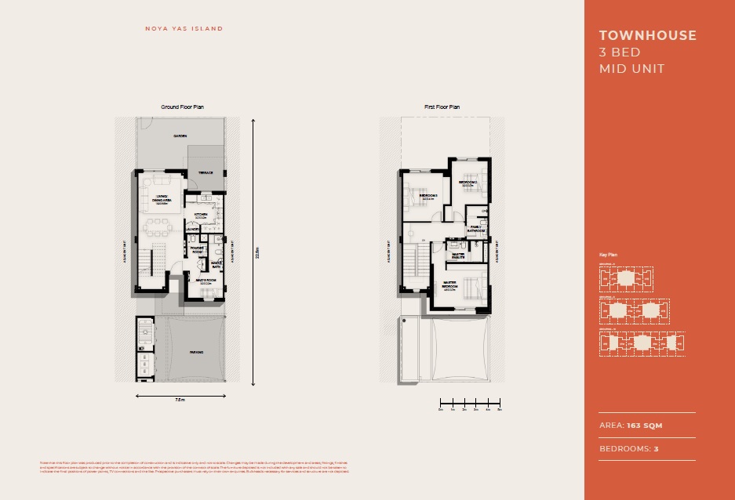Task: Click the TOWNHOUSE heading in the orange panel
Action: [647, 35]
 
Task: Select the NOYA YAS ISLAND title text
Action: [184, 29]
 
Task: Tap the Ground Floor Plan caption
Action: [183, 107]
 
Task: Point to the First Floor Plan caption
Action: [442, 107]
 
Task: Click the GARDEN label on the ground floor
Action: [180, 136]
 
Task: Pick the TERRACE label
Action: [206, 172]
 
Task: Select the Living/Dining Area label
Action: [163, 200]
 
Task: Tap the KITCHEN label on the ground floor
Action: [200, 216]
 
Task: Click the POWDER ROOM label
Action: [197, 251]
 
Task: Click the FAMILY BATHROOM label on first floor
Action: [476, 230]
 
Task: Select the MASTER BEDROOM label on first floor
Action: [451, 285]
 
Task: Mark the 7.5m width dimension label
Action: [180, 400]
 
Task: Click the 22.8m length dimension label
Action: [257, 252]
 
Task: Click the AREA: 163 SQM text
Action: [631, 426]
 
